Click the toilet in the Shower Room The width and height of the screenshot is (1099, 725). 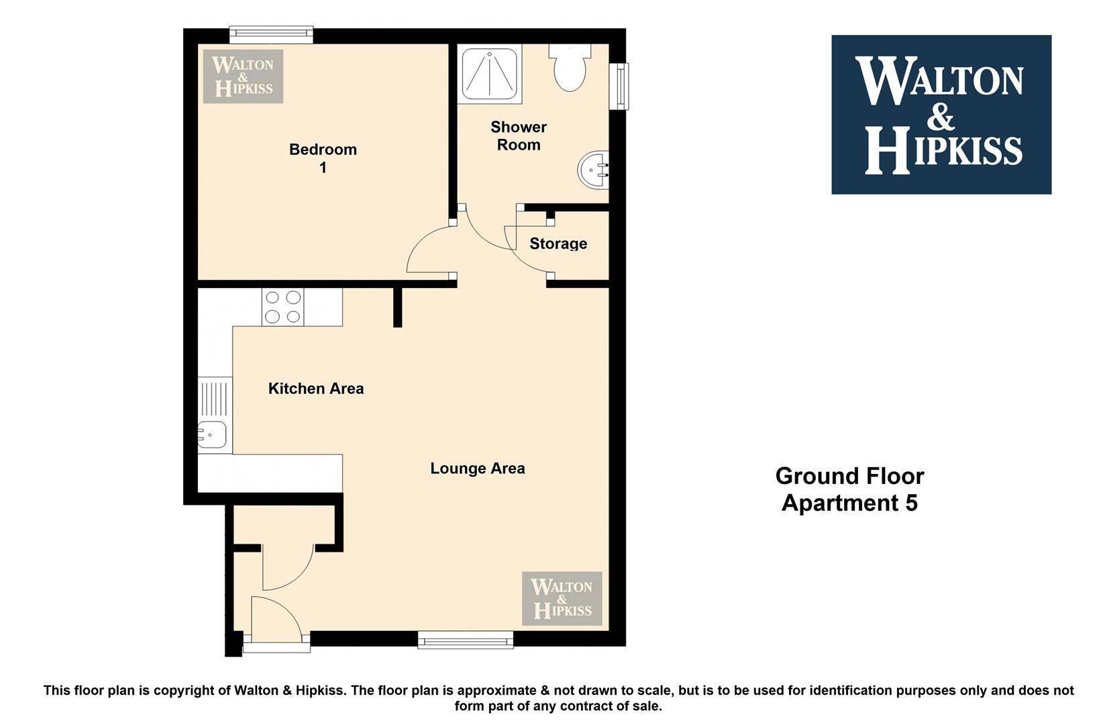[570, 68]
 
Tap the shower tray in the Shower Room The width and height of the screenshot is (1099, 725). [490, 74]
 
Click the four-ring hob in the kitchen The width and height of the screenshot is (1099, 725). [282, 307]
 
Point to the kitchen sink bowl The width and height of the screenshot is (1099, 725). [212, 434]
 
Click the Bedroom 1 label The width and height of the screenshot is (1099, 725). [323, 158]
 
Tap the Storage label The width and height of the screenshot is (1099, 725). [558, 244]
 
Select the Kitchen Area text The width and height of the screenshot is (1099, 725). [316, 388]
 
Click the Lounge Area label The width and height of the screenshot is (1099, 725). [478, 469]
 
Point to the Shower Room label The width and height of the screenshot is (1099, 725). [519, 136]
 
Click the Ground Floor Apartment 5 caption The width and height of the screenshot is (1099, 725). [850, 489]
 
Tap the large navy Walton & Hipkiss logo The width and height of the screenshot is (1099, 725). [941, 114]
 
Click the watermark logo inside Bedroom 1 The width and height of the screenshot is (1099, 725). [244, 76]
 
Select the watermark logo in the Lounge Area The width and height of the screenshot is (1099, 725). [562, 598]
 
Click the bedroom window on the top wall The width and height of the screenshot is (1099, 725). [271, 34]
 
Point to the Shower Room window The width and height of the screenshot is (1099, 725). [619, 87]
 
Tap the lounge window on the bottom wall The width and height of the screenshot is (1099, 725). [466, 640]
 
